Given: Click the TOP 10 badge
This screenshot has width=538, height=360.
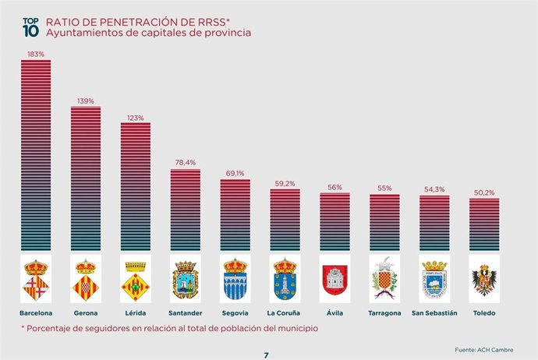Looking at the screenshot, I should pos(29,28).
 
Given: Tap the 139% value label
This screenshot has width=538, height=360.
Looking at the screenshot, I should pos(86,101).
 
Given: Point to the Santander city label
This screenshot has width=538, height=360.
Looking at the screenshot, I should pos(186,313).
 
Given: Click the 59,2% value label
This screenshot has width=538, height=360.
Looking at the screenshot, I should pos(285,184).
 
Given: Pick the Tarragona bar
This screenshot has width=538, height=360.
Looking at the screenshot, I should pos(384,223).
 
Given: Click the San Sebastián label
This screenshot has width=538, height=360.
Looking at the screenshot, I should pos(434,313).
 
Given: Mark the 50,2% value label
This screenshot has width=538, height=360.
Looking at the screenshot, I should pos(484,192).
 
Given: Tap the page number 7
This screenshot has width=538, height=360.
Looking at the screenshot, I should pos(266,355).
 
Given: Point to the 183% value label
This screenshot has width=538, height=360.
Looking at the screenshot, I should pos(36,55).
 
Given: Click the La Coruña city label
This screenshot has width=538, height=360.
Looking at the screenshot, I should pos(285,313).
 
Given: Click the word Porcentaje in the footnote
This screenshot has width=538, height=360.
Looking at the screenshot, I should pos(53,328).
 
